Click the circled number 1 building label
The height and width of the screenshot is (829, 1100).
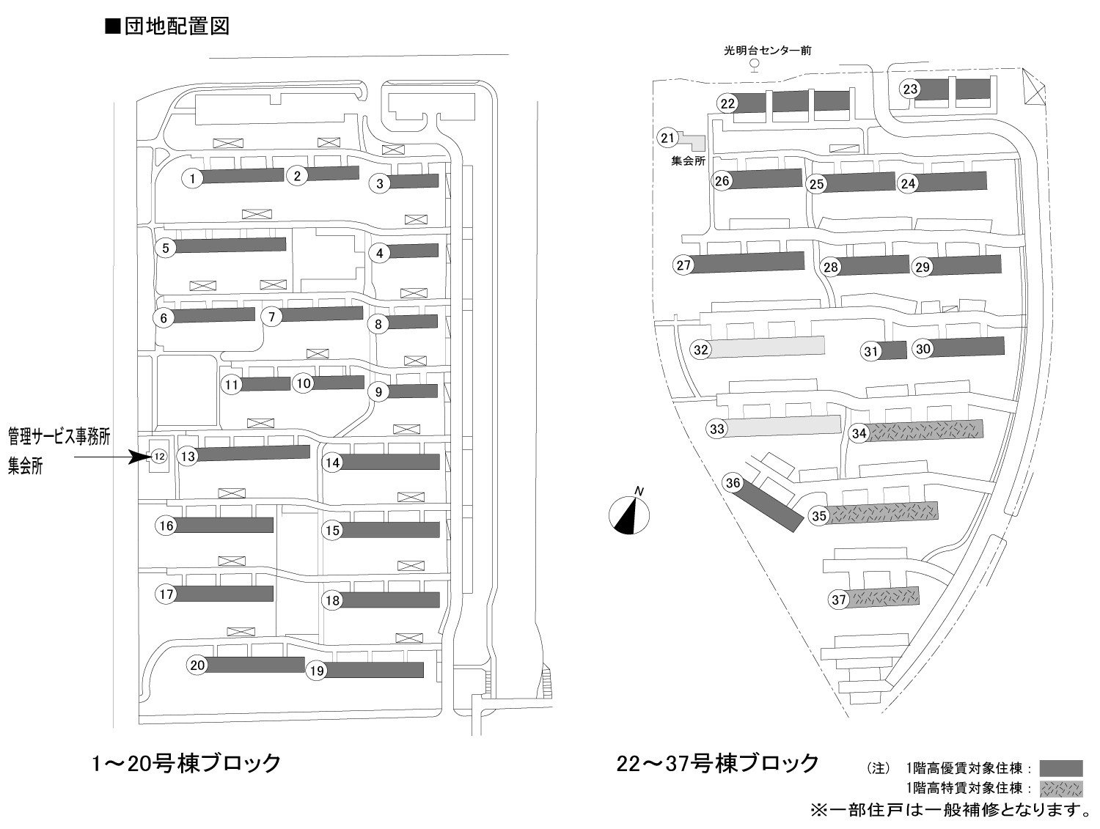click(x=192, y=178)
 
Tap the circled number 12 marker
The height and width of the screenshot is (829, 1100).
click(x=158, y=456)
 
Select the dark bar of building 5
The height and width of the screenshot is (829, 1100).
click(x=230, y=246)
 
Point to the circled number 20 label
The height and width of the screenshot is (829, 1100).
click(x=197, y=666)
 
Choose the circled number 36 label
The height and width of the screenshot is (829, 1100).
click(x=733, y=483)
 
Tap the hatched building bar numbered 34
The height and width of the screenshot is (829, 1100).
click(x=926, y=430)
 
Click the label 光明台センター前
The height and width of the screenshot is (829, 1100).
click(x=767, y=51)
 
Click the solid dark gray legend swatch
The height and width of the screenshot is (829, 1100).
click(x=1061, y=768)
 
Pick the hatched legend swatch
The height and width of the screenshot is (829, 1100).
click(x=1061, y=789)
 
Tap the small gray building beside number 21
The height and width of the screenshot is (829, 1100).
click(x=693, y=142)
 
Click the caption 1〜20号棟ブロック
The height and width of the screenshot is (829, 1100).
click(x=186, y=763)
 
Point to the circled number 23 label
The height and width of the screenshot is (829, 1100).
click(x=910, y=89)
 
